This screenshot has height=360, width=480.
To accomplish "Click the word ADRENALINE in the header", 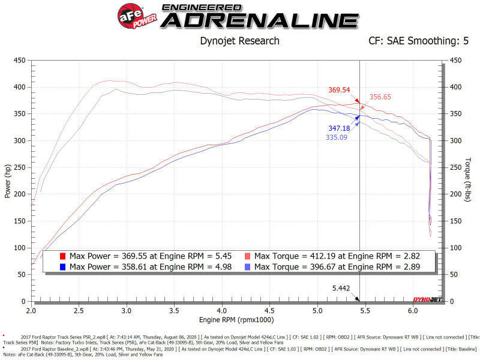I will click(259, 20).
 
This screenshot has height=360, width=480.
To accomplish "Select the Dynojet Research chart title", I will click(239, 41).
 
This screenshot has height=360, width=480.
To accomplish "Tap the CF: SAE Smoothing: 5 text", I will click(419, 41).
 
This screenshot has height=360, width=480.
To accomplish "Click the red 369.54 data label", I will click(339, 90).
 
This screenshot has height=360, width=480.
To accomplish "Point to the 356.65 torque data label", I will click(380, 96).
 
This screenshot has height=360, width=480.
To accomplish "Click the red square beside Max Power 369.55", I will click(62, 256).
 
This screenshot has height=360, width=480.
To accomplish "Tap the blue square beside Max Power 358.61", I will click(62, 266).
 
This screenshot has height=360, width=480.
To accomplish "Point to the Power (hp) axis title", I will click(7, 181).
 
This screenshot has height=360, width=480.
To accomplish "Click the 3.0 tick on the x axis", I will click(127, 312).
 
